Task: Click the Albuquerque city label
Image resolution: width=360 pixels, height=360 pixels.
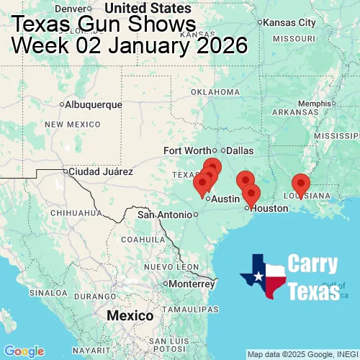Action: coord(94,105)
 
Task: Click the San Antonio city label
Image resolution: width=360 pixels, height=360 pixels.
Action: coord(166,215)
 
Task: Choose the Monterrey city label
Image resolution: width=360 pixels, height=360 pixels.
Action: coord(192,284)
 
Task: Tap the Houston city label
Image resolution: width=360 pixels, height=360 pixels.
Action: coord(269,208)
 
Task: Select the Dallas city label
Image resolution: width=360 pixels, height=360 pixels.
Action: coord(240,150)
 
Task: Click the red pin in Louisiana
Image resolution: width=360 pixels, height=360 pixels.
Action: coord(300,184)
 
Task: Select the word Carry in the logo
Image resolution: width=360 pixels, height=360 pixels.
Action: coord(313,264)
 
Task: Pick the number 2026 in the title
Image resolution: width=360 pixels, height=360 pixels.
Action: coord(214,45)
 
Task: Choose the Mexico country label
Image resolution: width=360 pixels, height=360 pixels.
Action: coord(130,316)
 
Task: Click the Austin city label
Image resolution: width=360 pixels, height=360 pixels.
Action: coord(225,199)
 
